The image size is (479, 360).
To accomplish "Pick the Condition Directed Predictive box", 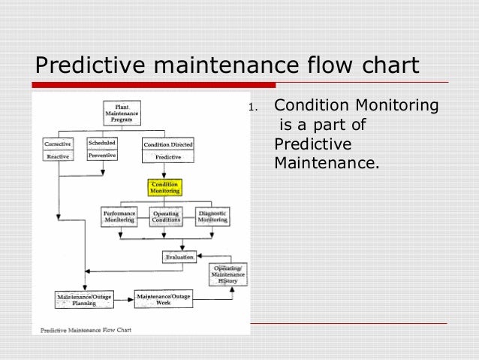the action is coord(168,150).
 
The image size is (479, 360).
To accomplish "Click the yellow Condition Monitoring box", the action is coord(165,187).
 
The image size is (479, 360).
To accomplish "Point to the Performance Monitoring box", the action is coord(119,216).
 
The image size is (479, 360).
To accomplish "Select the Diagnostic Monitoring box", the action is coord(212,216).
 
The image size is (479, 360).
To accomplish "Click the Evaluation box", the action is coord(179,256).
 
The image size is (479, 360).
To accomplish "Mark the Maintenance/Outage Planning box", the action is coord(83,300).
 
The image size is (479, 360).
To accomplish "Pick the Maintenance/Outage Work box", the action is coord(164,298).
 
